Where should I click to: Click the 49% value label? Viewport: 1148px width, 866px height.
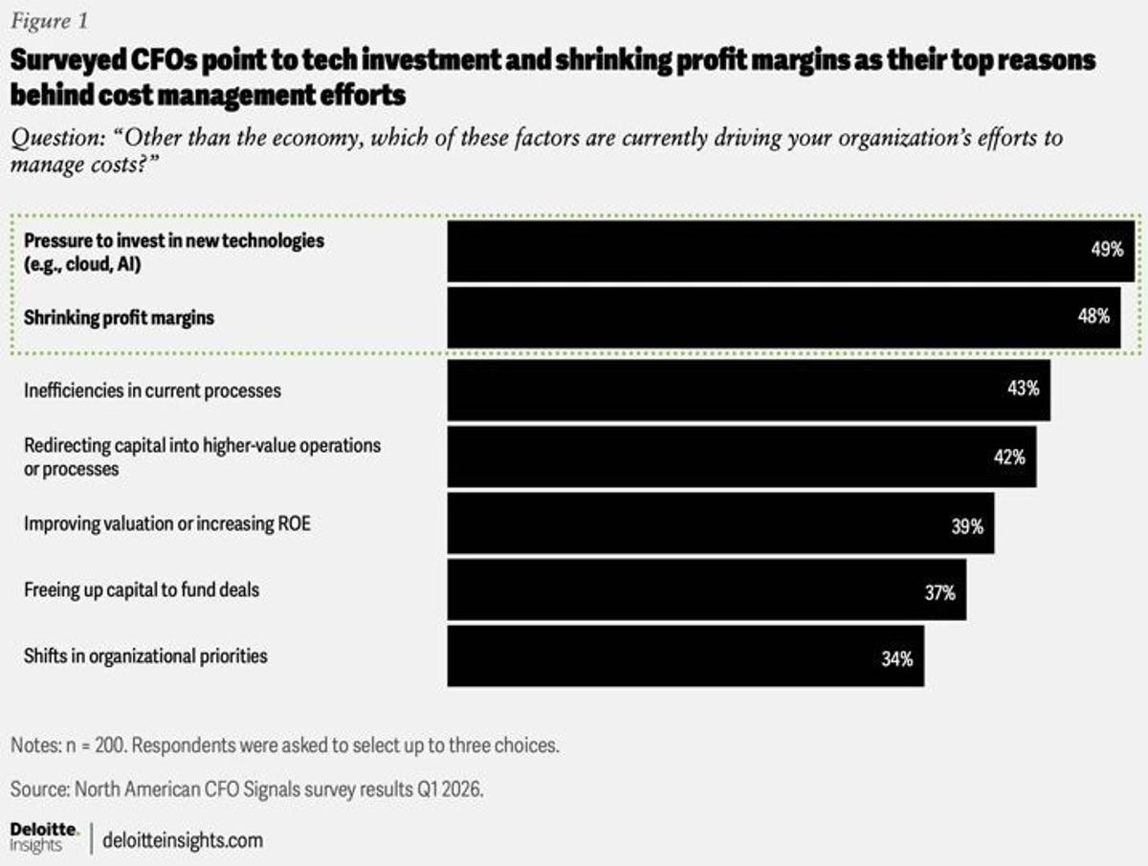(1107, 251)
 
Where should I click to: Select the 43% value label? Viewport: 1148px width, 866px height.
(1023, 389)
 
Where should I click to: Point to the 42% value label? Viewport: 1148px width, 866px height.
(1009, 456)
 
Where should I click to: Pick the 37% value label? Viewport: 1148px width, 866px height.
(939, 592)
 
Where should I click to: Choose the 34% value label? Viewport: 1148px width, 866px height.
(897, 658)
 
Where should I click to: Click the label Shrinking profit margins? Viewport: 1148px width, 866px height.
(119, 319)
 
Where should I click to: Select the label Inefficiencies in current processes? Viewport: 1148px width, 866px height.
(152, 390)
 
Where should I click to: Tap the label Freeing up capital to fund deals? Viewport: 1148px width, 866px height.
(142, 589)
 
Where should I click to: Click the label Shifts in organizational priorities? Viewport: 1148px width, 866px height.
(145, 656)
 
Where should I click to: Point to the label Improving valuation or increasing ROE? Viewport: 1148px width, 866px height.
(167, 523)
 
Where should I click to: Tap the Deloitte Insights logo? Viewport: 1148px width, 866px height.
(43, 835)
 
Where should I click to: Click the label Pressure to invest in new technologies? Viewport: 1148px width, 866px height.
(174, 240)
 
